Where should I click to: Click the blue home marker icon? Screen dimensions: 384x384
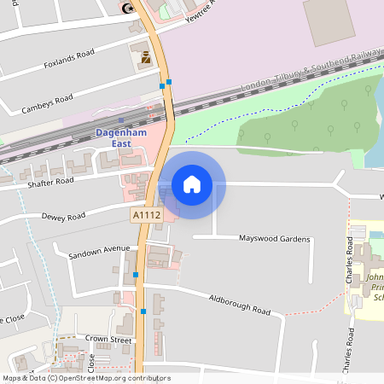[192, 183]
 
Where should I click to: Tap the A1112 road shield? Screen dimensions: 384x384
[147, 217]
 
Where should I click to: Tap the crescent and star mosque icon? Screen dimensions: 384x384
[129, 8]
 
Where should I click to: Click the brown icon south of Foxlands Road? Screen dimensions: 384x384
[145, 58]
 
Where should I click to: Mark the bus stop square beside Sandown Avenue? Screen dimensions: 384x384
[136, 275]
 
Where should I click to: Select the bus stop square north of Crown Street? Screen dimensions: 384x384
[143, 312]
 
